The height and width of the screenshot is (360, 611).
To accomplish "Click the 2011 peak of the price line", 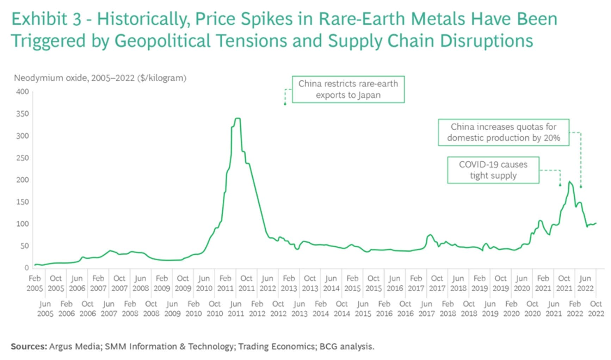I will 237,118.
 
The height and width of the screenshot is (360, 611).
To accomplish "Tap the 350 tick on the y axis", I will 22,114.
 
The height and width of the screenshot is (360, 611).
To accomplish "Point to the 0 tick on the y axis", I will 26,268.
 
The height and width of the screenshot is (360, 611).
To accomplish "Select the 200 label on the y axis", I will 22,180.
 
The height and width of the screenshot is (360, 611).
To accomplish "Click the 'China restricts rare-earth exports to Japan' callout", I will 348,89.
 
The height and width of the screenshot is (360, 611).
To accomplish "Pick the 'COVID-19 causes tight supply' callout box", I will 493,170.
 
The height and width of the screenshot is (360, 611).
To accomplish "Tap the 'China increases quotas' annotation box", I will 503,132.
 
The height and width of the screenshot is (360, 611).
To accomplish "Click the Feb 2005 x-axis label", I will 35,283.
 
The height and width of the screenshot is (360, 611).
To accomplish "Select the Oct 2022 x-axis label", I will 595,309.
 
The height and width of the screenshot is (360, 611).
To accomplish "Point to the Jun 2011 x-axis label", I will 236,309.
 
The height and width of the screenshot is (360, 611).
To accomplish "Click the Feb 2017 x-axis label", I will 416,283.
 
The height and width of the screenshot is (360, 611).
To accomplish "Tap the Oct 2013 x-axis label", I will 310,283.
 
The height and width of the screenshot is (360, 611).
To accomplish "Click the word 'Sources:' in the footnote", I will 29,347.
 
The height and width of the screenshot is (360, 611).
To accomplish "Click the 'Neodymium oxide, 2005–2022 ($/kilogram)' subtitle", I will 100,78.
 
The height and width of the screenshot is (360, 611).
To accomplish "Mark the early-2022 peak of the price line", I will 569,182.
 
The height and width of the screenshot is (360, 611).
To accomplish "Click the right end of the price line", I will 596,223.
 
